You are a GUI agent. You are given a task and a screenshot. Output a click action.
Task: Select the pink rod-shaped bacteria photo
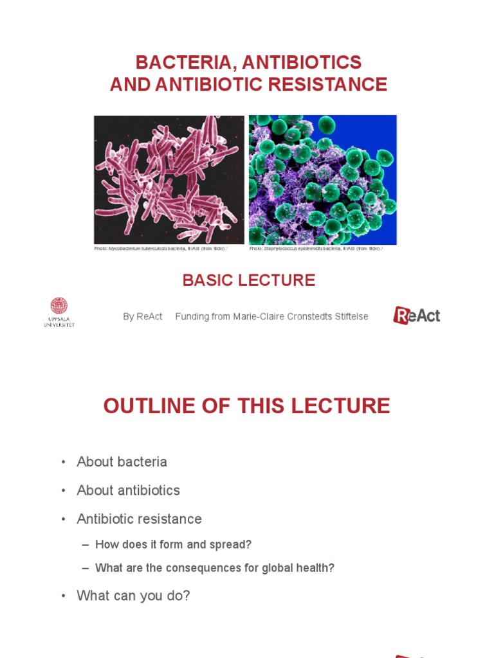(169, 179)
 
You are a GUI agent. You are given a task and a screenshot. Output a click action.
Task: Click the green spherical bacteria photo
(322, 179)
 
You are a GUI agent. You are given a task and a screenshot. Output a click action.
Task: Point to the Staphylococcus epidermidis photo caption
(316, 248)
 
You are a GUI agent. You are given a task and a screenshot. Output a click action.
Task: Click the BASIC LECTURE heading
(248, 280)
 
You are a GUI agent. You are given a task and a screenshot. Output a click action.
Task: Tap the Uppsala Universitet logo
(59, 312)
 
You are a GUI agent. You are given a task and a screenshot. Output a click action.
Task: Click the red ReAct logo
(417, 315)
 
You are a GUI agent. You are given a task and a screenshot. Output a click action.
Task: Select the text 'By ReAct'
(143, 317)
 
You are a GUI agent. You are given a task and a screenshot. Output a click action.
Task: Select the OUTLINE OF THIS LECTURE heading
(247, 406)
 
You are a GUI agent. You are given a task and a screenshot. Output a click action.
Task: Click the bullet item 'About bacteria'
(122, 461)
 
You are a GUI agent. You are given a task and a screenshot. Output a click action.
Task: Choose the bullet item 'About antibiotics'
(128, 490)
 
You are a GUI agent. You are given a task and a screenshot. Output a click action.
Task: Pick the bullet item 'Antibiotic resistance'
(139, 519)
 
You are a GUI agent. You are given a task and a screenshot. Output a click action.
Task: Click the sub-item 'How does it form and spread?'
(173, 544)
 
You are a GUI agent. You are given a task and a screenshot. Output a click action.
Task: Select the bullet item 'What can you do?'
(133, 596)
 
